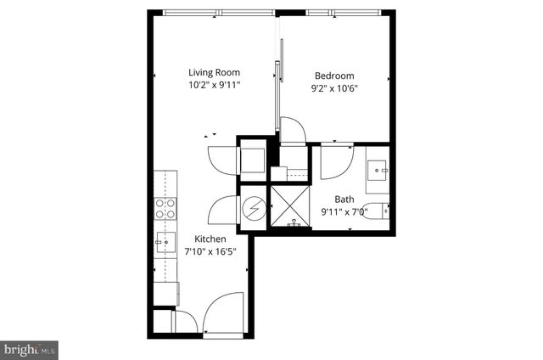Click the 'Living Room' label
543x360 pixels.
(215, 73)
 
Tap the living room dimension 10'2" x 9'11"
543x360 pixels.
(215, 86)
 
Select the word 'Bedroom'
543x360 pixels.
(334, 76)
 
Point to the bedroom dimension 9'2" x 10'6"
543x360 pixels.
(334, 88)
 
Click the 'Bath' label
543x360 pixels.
(344, 200)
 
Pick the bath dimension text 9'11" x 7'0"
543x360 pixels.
(344, 212)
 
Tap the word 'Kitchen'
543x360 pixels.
(210, 239)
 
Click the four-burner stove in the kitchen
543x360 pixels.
(165, 209)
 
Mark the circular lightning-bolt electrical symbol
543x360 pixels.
(254, 209)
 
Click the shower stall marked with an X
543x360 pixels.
(292, 206)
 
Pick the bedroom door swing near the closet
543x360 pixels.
(292, 131)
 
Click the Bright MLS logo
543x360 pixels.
(30, 349)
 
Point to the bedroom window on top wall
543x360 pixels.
(347, 12)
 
